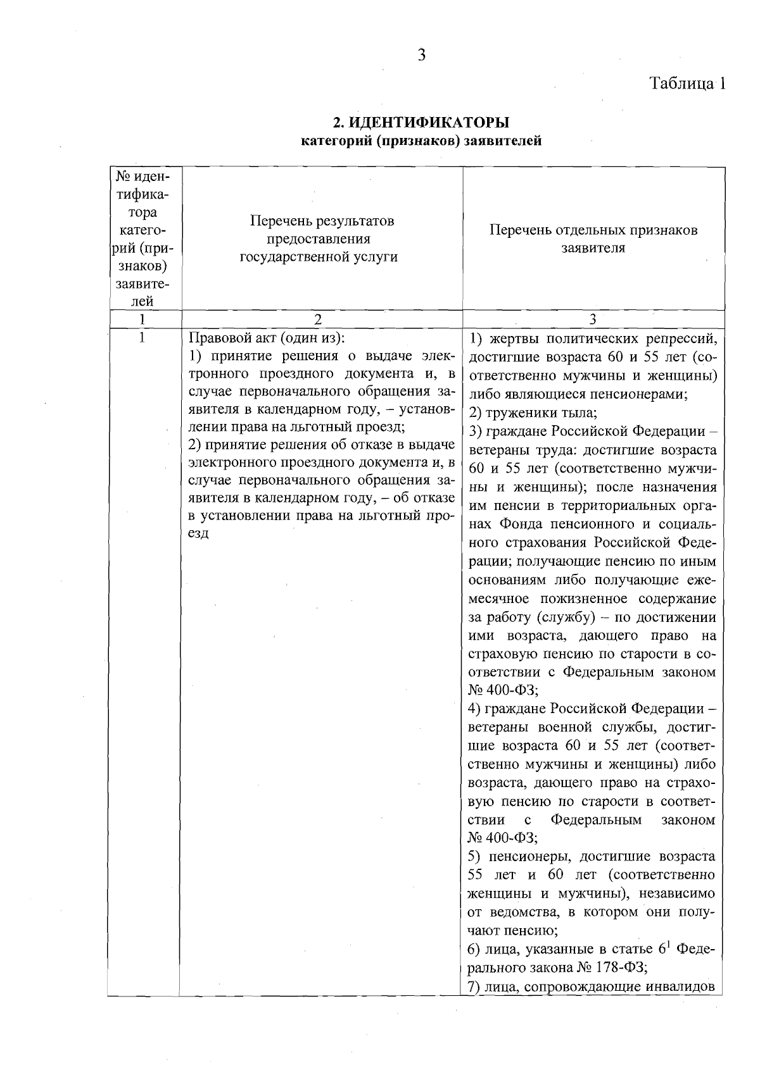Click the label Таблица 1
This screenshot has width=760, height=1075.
tap(687, 84)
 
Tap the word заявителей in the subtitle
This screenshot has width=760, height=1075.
tap(503, 140)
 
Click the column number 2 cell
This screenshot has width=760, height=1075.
tap(318, 320)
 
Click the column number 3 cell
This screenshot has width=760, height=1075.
tap(593, 320)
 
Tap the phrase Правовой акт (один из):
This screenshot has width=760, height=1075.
tap(267, 337)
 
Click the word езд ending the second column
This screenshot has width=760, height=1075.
tap(199, 533)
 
